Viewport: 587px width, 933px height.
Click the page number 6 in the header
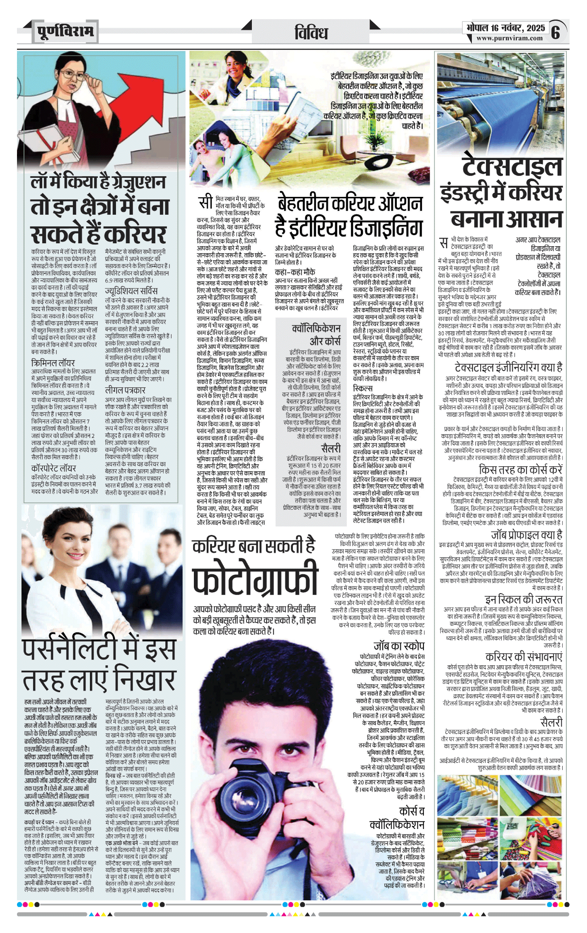[556, 32]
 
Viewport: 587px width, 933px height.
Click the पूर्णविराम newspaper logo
[65, 32]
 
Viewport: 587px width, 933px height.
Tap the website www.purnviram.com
[509, 38]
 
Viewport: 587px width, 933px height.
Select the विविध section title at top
[311, 32]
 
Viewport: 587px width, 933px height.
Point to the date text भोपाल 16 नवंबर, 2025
[505, 28]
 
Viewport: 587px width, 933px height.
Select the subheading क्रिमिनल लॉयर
[53, 363]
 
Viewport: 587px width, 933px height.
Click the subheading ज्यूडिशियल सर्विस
[131, 291]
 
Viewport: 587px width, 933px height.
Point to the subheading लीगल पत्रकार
[125, 390]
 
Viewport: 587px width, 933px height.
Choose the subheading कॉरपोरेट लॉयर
[54, 468]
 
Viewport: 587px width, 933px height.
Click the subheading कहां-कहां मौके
[295, 272]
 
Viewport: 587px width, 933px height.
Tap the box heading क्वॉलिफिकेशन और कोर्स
[316, 334]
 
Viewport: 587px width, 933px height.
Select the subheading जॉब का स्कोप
[399, 645]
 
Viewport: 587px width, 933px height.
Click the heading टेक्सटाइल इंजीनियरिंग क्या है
[508, 367]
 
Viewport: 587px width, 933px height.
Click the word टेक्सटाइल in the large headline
[512, 167]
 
